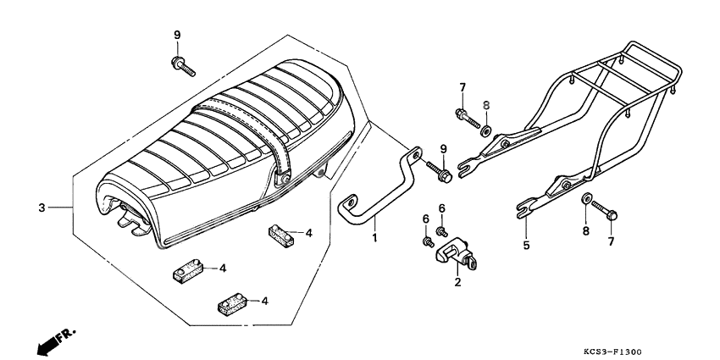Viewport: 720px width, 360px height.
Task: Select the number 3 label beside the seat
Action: (41, 208)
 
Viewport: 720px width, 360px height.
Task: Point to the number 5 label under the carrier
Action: (525, 246)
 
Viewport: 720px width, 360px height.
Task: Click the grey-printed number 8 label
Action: (486, 105)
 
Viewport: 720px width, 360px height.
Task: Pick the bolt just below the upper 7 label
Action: (466, 117)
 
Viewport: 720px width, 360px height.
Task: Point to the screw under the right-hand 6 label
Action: (441, 230)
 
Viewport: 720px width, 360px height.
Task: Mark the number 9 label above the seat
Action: (177, 35)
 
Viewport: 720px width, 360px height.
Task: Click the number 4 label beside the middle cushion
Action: (223, 268)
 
